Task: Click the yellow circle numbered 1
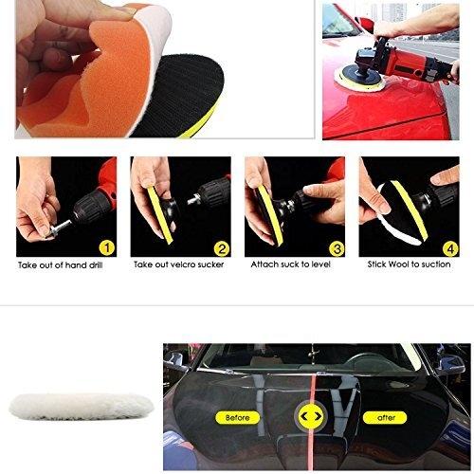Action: click(x=107, y=248)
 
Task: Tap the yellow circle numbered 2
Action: click(x=222, y=248)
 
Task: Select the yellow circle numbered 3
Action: click(x=337, y=249)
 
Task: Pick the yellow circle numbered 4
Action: click(x=450, y=249)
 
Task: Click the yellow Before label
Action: click(x=238, y=418)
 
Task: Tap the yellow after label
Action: click(x=386, y=418)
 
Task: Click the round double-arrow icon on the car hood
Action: click(x=312, y=416)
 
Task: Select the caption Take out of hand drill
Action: click(x=61, y=265)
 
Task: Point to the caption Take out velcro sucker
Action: click(x=179, y=264)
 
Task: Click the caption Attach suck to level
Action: click(x=291, y=264)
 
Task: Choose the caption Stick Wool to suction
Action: click(x=409, y=264)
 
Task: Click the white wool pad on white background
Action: click(x=82, y=407)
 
